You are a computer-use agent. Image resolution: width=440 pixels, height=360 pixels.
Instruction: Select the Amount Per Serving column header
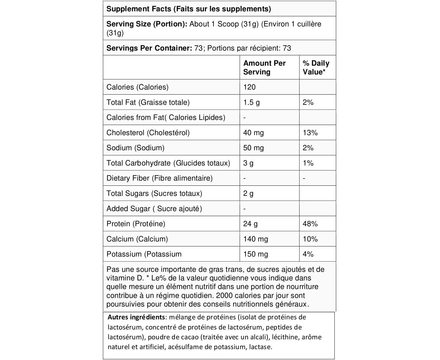264,67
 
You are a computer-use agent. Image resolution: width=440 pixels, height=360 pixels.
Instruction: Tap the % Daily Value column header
316,67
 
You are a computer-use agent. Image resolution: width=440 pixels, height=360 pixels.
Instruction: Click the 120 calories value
249,87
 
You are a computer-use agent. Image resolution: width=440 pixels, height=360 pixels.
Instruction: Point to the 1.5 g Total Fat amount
251,102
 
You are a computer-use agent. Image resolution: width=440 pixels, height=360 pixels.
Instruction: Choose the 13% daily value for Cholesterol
310,133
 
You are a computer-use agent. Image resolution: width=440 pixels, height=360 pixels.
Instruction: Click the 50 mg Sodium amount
253,148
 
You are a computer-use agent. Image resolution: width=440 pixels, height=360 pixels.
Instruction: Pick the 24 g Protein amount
250,224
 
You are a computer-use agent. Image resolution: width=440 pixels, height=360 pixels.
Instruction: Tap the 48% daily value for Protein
310,224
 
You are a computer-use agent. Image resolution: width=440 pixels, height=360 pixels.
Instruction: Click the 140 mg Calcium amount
255,239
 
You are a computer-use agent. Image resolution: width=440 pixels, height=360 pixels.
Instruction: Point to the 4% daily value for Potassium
308,254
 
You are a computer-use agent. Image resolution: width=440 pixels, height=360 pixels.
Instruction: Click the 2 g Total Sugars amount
248,194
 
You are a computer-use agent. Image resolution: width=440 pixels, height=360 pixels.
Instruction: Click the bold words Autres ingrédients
136,317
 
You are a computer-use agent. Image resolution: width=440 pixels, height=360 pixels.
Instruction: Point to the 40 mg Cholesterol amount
253,133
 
